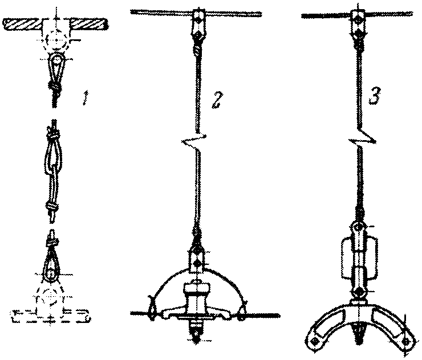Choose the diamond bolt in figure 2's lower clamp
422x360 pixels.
[x=197, y=263]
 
